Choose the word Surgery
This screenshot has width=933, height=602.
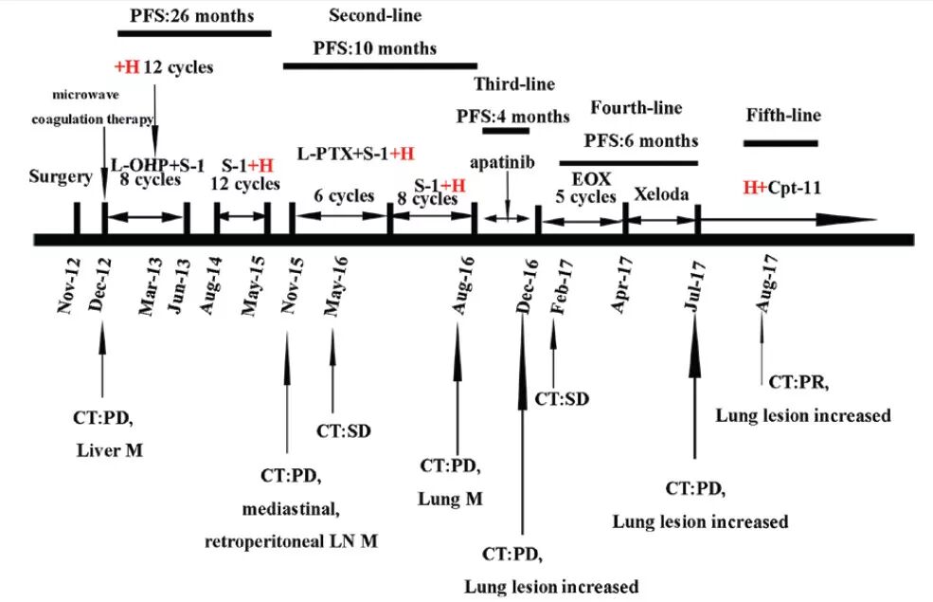(x=61, y=176)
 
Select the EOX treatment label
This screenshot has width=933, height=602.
(x=584, y=177)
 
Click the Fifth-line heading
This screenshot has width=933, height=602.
(x=783, y=116)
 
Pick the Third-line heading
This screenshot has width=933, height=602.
(x=514, y=84)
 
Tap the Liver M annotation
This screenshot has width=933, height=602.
(x=110, y=450)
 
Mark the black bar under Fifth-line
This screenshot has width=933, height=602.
(x=780, y=143)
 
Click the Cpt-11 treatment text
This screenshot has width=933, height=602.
(x=794, y=188)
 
